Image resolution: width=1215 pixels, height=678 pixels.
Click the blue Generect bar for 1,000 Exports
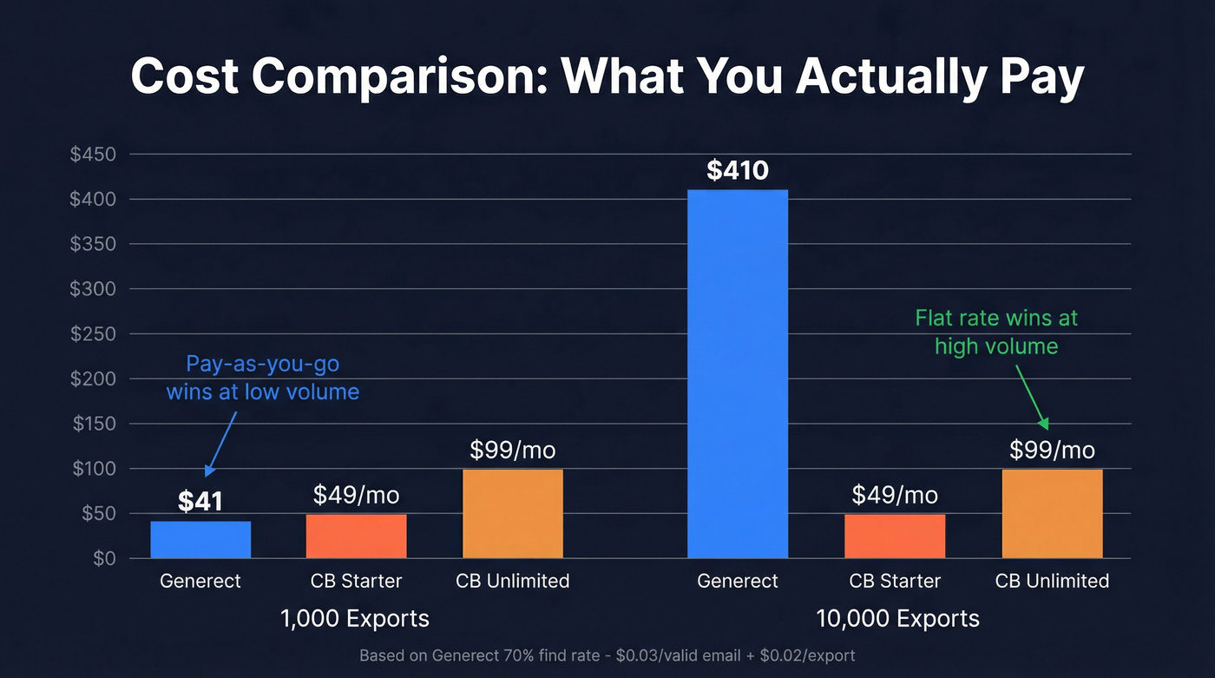tap(200, 539)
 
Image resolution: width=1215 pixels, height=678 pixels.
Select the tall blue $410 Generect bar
tap(738, 373)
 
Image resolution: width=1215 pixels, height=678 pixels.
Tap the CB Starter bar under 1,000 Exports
tap(356, 536)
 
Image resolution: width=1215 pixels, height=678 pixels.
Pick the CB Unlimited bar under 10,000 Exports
tap(1052, 513)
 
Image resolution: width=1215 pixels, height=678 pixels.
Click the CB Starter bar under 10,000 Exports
tap(895, 536)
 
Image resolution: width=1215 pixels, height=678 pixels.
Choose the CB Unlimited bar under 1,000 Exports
tap(513, 513)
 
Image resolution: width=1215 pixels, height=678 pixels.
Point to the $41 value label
tap(200, 502)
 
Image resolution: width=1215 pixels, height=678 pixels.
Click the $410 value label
tap(738, 171)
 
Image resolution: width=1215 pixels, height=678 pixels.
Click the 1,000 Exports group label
tap(355, 618)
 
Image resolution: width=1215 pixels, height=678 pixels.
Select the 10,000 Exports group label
tap(897, 618)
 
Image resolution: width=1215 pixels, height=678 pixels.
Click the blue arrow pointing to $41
tap(220, 443)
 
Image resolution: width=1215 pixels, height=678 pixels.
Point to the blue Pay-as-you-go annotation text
tap(262, 378)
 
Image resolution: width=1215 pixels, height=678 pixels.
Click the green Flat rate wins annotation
tap(996, 332)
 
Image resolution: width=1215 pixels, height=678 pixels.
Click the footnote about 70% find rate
tap(607, 655)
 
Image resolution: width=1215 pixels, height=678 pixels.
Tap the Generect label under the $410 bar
tap(738, 581)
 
